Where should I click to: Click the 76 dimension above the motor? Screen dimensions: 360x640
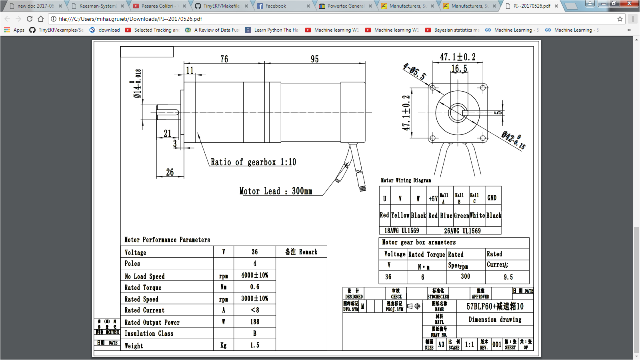click(x=224, y=59)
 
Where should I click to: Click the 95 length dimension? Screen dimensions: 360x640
click(x=315, y=59)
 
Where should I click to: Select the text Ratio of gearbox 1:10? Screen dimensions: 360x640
click(x=253, y=162)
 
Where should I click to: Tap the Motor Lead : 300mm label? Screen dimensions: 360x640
click(x=276, y=191)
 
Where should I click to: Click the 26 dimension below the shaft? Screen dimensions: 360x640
click(x=170, y=172)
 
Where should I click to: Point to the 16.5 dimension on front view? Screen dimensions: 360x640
click(x=459, y=69)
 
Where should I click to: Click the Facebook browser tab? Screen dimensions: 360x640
click(x=276, y=6)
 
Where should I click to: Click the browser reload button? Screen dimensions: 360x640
click(x=30, y=19)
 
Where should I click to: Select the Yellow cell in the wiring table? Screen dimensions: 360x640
click(x=400, y=215)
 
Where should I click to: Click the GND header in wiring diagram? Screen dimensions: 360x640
click(x=492, y=198)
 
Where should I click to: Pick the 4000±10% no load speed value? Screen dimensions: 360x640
click(x=254, y=275)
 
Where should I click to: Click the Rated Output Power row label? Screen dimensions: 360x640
click(x=152, y=322)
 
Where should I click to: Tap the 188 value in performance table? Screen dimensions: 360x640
click(x=254, y=322)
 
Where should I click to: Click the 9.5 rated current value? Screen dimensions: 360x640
click(x=508, y=277)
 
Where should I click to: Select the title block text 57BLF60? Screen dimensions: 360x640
click(x=495, y=306)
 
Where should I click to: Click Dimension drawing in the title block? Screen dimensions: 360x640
click(x=495, y=320)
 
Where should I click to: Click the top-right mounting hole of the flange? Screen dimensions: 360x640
click(x=483, y=88)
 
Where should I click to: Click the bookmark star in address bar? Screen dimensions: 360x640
click(x=620, y=19)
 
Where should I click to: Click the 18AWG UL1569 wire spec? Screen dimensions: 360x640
click(x=402, y=231)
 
